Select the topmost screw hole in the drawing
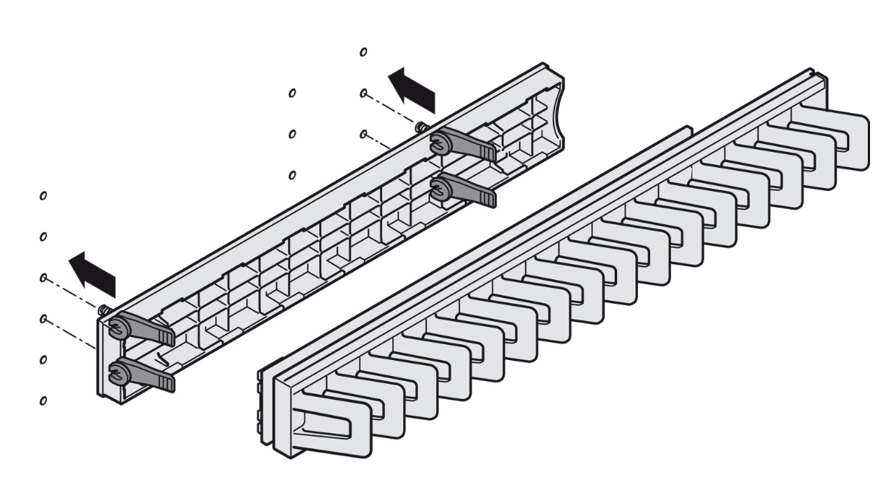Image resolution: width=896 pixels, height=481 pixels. pos(363,52)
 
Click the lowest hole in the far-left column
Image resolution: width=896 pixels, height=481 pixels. pos(43,400)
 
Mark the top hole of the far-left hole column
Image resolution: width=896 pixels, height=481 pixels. pos(43,195)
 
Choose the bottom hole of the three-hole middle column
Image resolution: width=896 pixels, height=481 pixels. pos(292,175)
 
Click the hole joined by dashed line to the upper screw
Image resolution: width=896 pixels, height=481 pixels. pos(364,93)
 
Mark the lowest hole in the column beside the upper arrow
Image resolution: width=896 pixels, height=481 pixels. pos(364,134)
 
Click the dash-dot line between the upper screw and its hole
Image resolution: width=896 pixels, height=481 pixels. pos(393,109)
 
